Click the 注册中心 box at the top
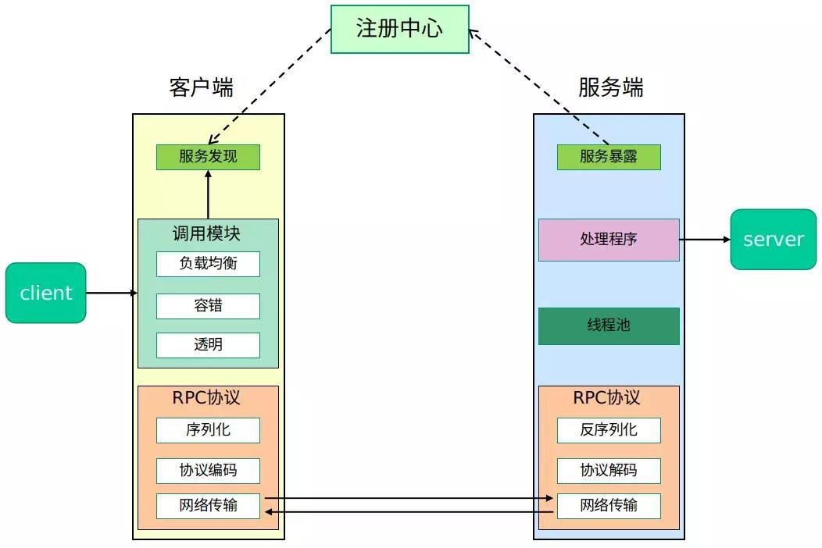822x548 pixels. (x=399, y=29)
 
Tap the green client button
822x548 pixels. (x=45, y=293)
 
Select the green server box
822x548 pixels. (x=773, y=239)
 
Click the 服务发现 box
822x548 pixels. (x=208, y=157)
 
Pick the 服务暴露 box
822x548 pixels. (x=609, y=157)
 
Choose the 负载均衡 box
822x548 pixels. (x=208, y=264)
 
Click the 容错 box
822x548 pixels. (x=208, y=306)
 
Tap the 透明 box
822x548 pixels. (x=208, y=345)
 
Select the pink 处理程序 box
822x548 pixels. (x=609, y=240)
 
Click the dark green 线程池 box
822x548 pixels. (x=609, y=326)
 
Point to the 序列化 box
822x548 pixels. (x=208, y=430)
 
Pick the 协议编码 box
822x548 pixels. (x=208, y=471)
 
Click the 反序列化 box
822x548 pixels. (x=609, y=430)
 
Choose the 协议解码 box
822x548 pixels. (x=609, y=471)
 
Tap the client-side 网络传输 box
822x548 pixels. (x=208, y=506)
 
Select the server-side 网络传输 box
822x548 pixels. (x=609, y=506)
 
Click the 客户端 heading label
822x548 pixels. (x=201, y=87)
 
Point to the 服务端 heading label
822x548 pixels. (x=610, y=87)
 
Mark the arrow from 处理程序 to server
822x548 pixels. (x=705, y=240)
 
